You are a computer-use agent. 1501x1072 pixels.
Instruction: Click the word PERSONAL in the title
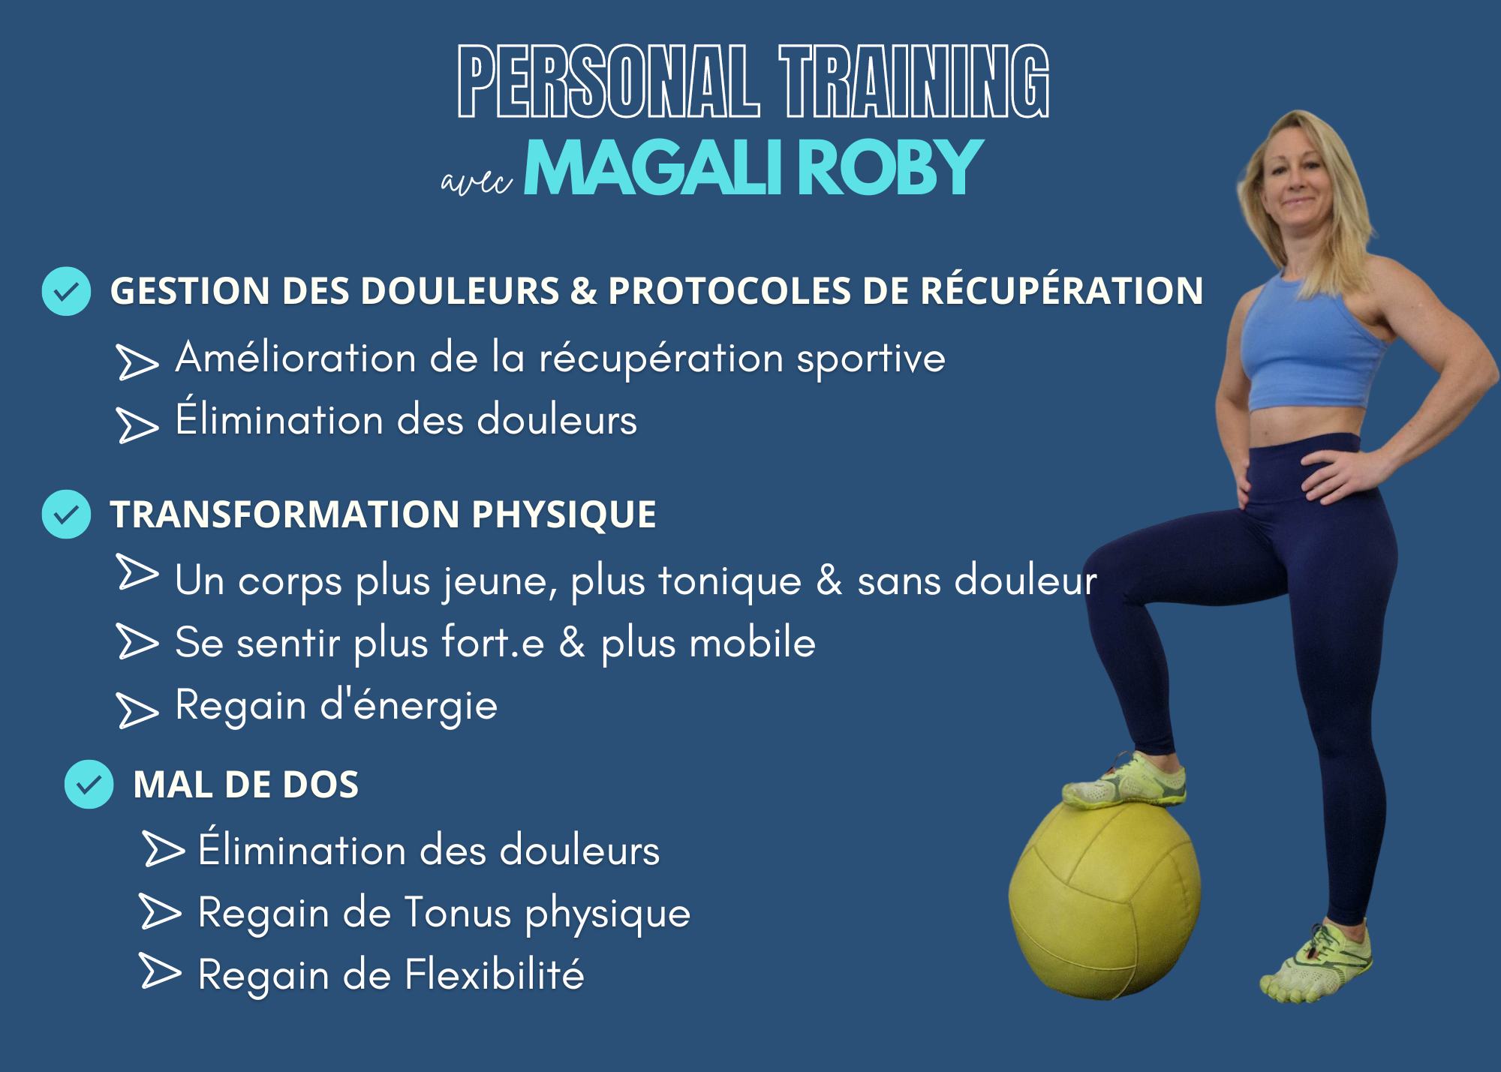(609, 81)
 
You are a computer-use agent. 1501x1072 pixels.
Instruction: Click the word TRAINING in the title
(914, 81)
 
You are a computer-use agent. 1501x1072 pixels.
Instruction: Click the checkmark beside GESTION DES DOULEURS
(66, 291)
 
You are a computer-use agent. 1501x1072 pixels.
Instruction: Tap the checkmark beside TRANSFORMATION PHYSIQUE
(66, 514)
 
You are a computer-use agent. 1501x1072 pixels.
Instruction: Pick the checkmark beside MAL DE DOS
(89, 784)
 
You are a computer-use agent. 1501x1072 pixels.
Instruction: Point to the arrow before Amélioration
(138, 362)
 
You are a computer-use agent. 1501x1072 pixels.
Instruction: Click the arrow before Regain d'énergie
(138, 710)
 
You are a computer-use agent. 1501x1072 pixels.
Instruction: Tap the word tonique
(730, 581)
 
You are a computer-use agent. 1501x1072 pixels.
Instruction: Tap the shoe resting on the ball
(1125, 781)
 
